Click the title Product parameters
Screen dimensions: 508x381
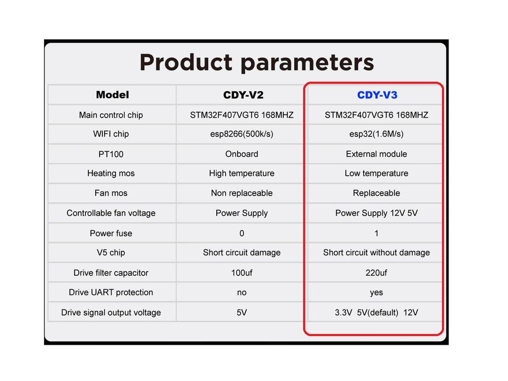pyautogui.click(x=256, y=63)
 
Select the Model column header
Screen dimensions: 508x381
pyautogui.click(x=113, y=95)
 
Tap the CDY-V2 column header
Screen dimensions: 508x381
pyautogui.click(x=243, y=95)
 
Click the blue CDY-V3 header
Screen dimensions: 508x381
pyautogui.click(x=377, y=95)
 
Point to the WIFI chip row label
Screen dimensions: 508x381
pyautogui.click(x=111, y=134)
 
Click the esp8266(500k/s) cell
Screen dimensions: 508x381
pyautogui.click(x=242, y=134)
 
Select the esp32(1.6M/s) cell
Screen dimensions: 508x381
pyautogui.click(x=376, y=134)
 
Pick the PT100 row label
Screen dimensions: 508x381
pyautogui.click(x=111, y=154)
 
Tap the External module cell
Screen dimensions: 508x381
pyautogui.click(x=376, y=154)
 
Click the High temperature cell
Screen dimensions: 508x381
pyautogui.click(x=242, y=173)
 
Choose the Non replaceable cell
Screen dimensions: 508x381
pyautogui.click(x=242, y=193)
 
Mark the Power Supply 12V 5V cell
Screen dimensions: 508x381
pyautogui.click(x=376, y=213)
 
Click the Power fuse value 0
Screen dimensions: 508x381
pyautogui.click(x=242, y=233)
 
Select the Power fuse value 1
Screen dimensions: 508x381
pyautogui.click(x=376, y=233)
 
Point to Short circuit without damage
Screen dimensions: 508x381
pyautogui.click(x=376, y=253)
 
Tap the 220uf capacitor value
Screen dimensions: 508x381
pyautogui.click(x=376, y=273)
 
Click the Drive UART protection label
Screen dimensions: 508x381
pyautogui.click(x=111, y=293)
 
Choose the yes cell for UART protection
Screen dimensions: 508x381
pyautogui.click(x=376, y=293)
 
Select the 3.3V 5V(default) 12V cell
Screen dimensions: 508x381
pyautogui.click(x=376, y=313)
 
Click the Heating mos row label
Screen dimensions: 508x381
pyautogui.click(x=111, y=173)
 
